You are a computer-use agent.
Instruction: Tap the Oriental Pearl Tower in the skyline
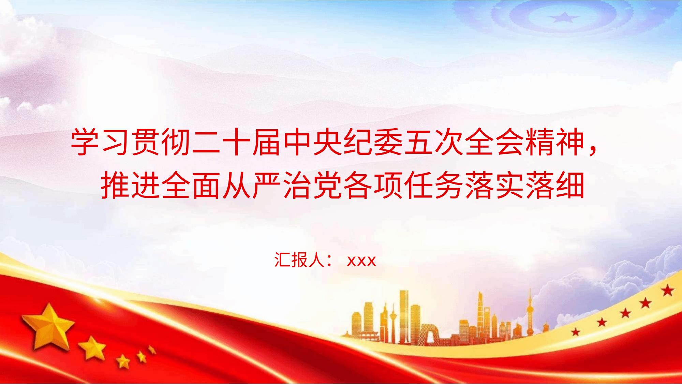531,314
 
